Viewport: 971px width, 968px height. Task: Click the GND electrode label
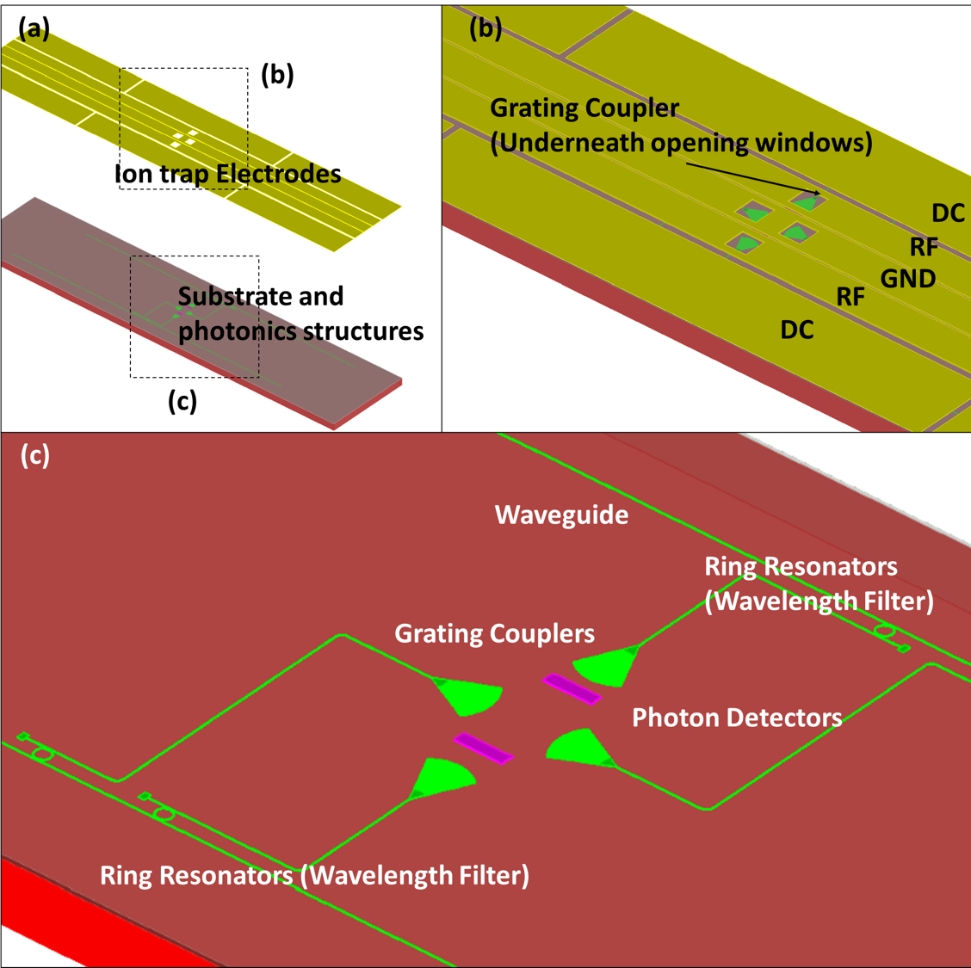point(907,279)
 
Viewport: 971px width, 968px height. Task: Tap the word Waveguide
point(561,515)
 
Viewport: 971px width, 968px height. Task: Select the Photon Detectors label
point(737,718)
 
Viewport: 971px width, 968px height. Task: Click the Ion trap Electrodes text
point(228,174)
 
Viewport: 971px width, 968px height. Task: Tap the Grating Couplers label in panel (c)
point(494,634)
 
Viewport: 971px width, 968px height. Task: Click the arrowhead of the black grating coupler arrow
point(817,193)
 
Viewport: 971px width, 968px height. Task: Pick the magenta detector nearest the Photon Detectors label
point(571,688)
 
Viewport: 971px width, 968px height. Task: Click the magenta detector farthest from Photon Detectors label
point(483,748)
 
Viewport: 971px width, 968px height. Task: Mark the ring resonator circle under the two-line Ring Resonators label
point(884,632)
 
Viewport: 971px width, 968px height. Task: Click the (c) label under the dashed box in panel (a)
point(182,401)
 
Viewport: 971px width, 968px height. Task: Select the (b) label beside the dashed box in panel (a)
point(277,75)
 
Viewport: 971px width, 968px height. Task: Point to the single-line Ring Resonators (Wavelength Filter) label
point(314,875)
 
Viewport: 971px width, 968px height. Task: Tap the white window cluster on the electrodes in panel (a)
point(184,139)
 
